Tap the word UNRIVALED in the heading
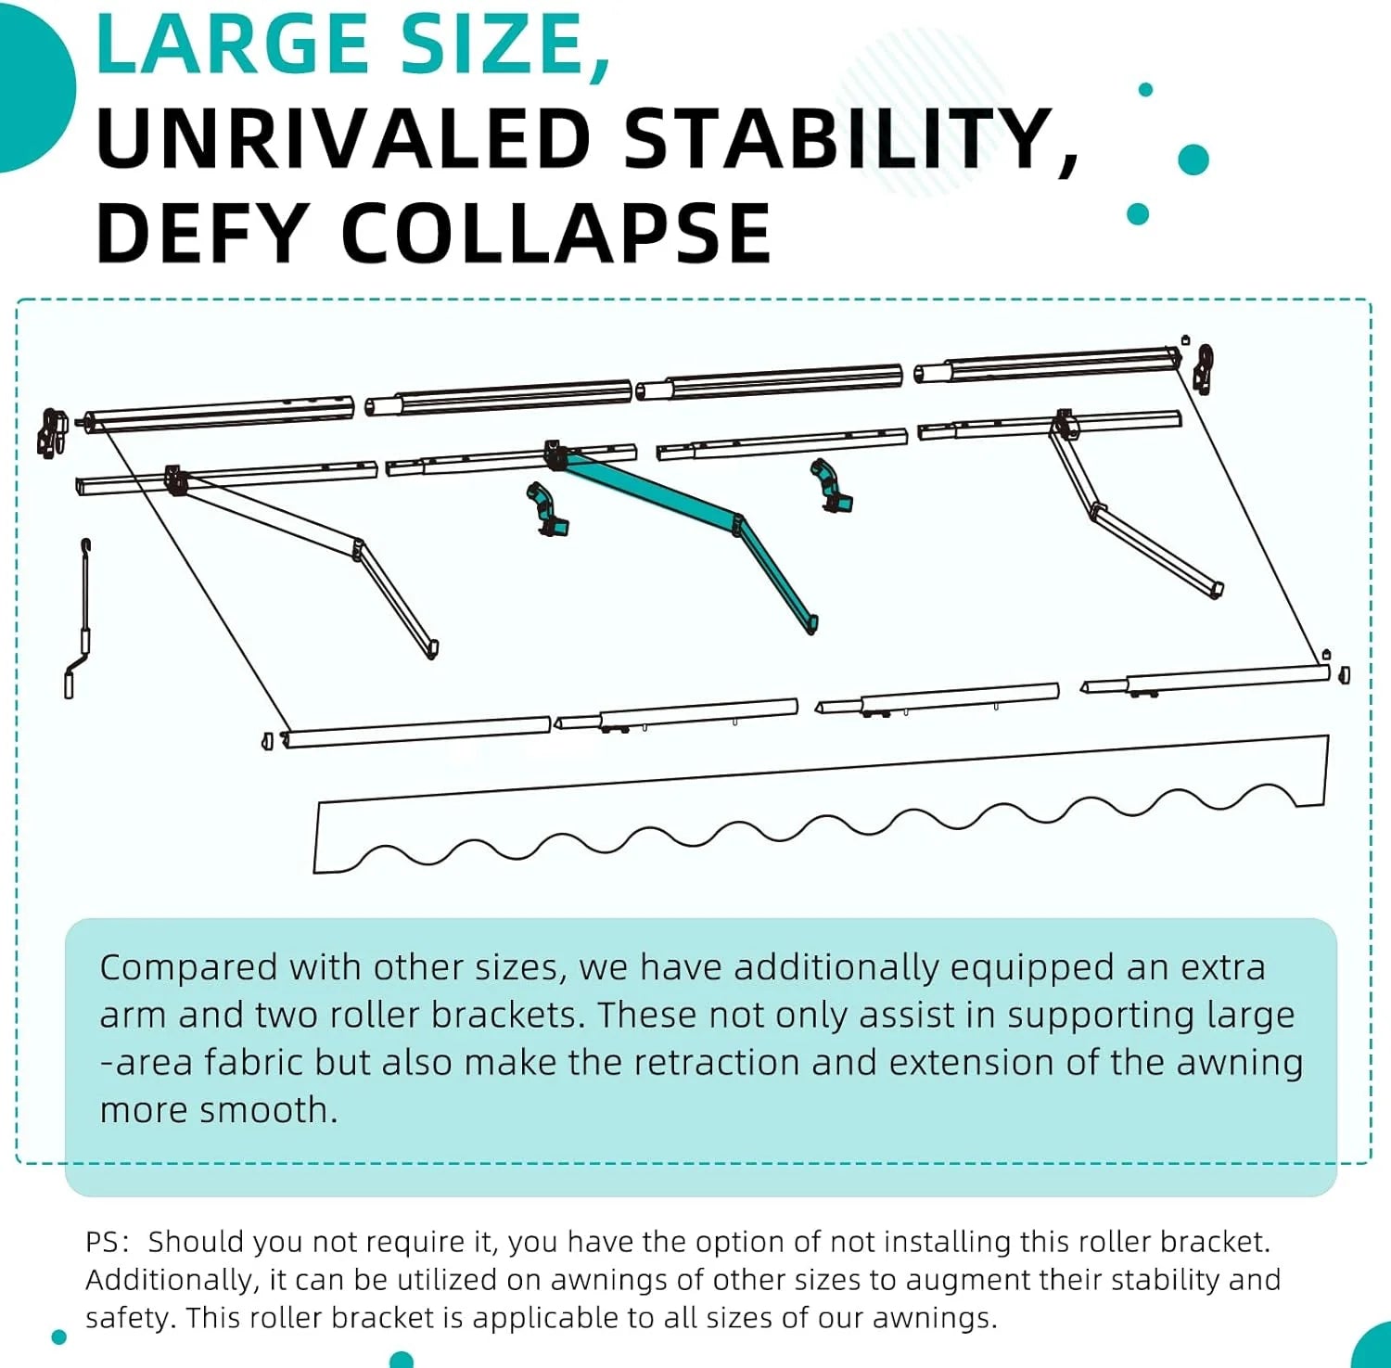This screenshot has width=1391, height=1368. point(343,138)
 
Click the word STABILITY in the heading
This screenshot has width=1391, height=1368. point(839,138)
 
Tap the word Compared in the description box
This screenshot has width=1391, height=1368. point(188,968)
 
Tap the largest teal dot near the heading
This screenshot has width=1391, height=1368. point(1193,160)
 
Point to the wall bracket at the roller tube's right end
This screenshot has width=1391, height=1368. point(1204,367)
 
